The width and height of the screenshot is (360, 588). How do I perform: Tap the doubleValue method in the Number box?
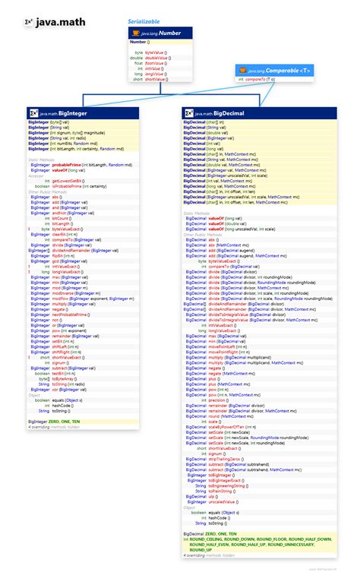[155, 57]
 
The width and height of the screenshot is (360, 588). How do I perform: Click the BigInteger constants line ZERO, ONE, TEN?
[58, 421]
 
